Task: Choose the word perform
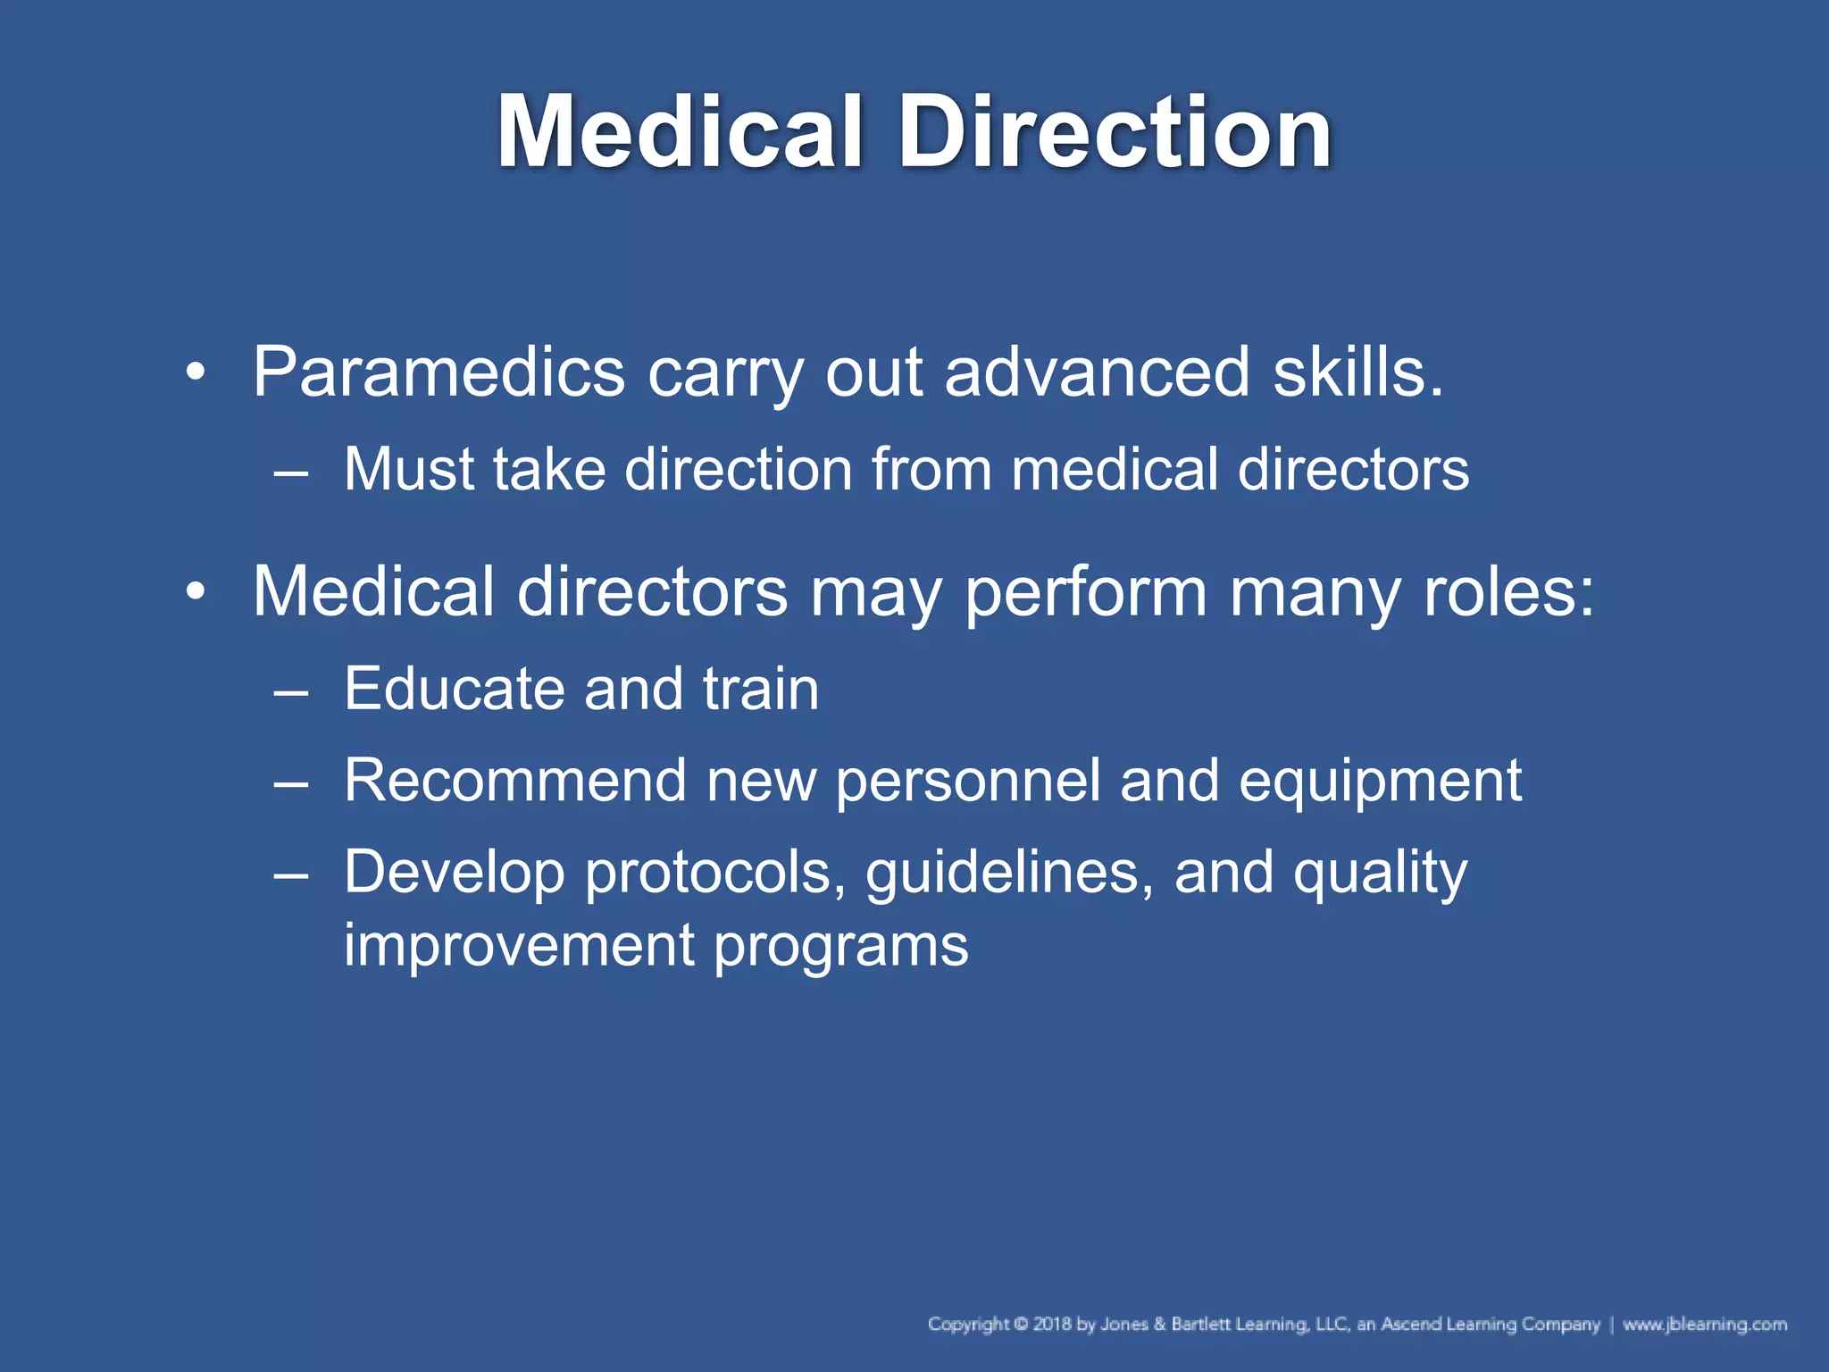[x=1085, y=593]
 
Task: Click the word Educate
[x=455, y=689]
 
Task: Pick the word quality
[x=1380, y=874]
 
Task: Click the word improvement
[x=519, y=945]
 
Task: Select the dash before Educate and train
[x=291, y=690]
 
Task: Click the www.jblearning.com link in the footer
[x=1705, y=1324]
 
